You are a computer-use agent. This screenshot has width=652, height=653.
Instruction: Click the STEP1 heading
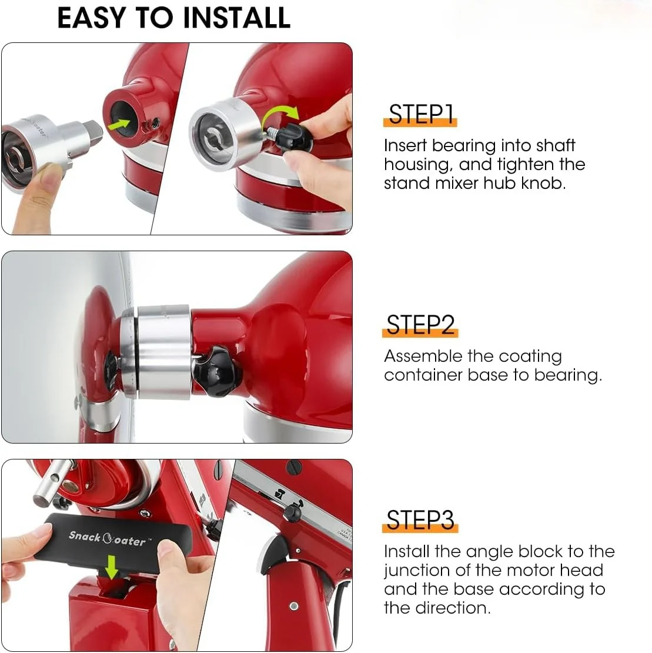(x=422, y=114)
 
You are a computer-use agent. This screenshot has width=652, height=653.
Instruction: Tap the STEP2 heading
(x=421, y=325)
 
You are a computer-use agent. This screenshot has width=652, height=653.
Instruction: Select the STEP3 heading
(x=421, y=521)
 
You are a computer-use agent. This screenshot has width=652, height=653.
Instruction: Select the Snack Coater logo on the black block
(x=106, y=537)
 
